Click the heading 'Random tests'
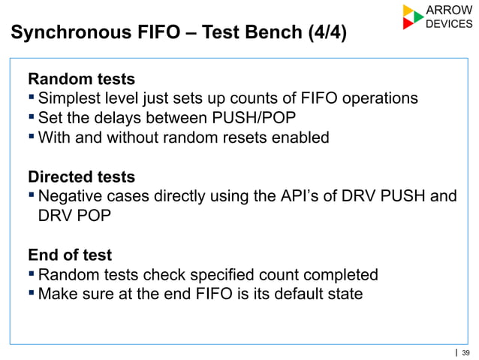(x=81, y=79)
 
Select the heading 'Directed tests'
(x=81, y=177)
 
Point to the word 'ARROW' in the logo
(x=448, y=10)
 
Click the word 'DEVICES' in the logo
(x=449, y=24)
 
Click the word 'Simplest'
(x=70, y=98)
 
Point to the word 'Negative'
(x=71, y=197)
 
